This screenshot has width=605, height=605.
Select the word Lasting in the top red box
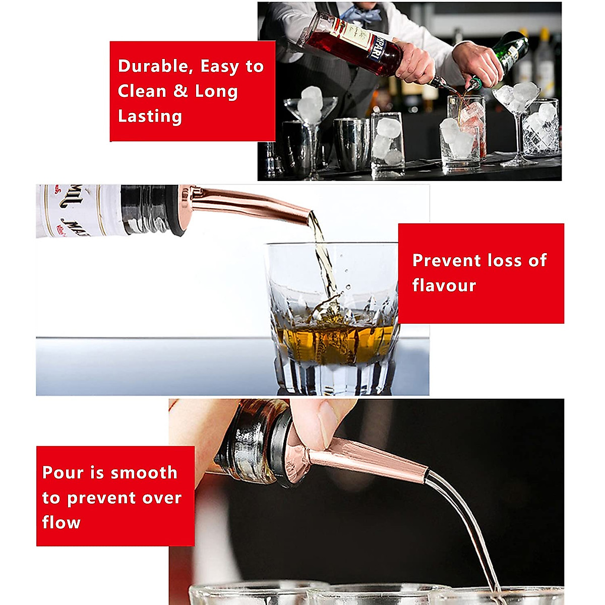coord(150,116)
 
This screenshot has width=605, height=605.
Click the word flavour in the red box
coord(444,285)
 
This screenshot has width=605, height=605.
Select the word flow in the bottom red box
coord(61,522)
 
